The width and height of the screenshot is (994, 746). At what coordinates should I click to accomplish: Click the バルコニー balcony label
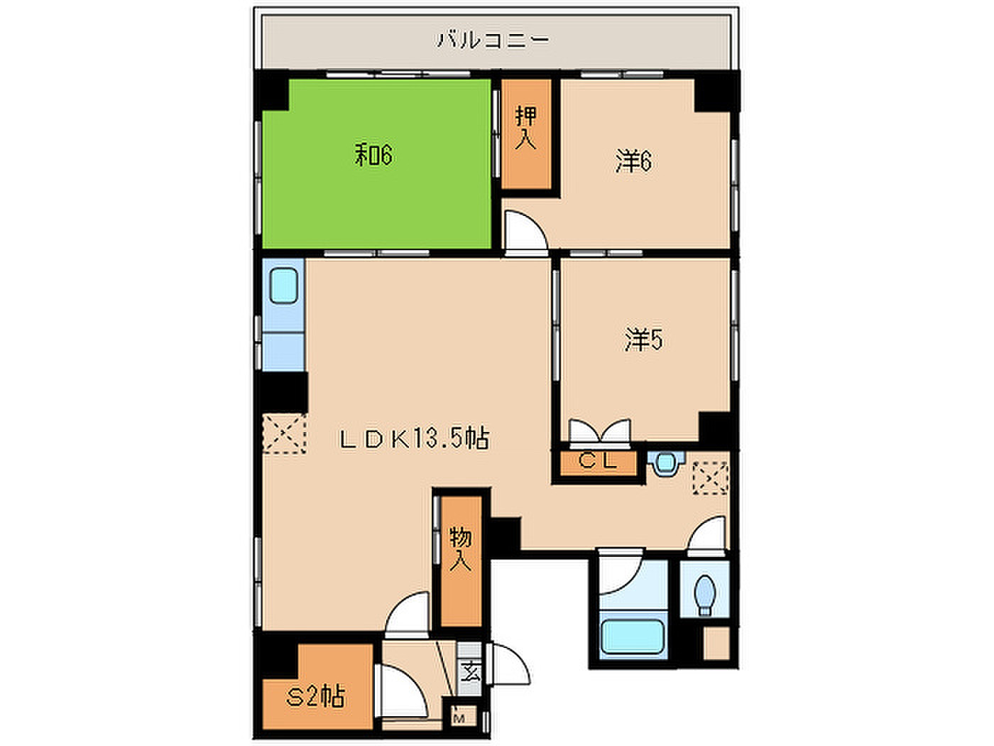(x=493, y=40)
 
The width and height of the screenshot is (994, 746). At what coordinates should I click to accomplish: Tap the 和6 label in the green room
(x=373, y=155)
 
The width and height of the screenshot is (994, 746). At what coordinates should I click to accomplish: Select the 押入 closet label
(x=526, y=128)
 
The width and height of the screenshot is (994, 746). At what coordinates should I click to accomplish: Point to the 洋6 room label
(x=633, y=161)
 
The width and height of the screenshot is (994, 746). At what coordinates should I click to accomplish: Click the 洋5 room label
(x=643, y=340)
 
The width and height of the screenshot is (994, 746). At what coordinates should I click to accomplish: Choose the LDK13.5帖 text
(x=415, y=438)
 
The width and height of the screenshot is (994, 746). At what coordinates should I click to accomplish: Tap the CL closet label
(x=598, y=462)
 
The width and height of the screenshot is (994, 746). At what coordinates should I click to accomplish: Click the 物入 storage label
(x=461, y=549)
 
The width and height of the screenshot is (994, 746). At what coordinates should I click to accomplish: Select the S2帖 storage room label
(x=316, y=697)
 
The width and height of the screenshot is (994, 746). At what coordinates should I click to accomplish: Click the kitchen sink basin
(x=283, y=286)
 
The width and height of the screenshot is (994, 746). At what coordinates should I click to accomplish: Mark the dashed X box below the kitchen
(x=285, y=433)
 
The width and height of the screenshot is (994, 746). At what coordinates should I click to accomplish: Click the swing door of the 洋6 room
(x=525, y=232)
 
